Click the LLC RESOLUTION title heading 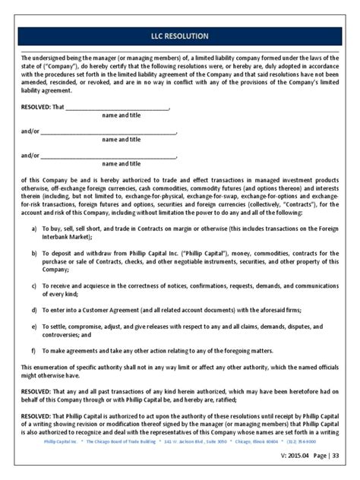[180, 36]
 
